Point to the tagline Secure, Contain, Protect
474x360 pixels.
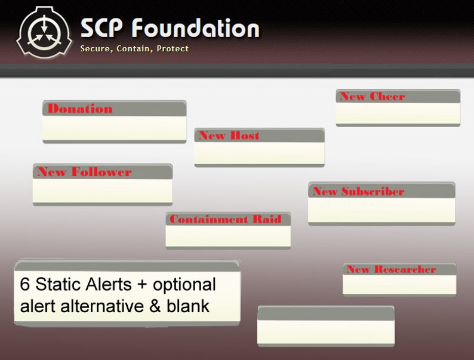pyautogui.click(x=134, y=48)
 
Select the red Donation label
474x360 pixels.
pyautogui.click(x=80, y=109)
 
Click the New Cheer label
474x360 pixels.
pyautogui.click(x=372, y=97)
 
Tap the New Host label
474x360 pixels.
pyautogui.click(x=229, y=136)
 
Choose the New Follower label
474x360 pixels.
pyautogui.click(x=84, y=172)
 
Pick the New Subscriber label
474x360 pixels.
pyautogui.click(x=358, y=192)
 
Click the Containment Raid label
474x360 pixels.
pyautogui.click(x=225, y=219)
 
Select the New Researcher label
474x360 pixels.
pyautogui.click(x=391, y=269)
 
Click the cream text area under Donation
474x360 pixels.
pyautogui.click(x=114, y=128)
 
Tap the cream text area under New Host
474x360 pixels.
pyautogui.click(x=259, y=153)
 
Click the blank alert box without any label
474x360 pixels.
pyautogui.click(x=325, y=331)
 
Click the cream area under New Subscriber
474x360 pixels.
pyautogui.click(x=381, y=210)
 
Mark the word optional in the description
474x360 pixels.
pyautogui.click(x=182, y=284)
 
